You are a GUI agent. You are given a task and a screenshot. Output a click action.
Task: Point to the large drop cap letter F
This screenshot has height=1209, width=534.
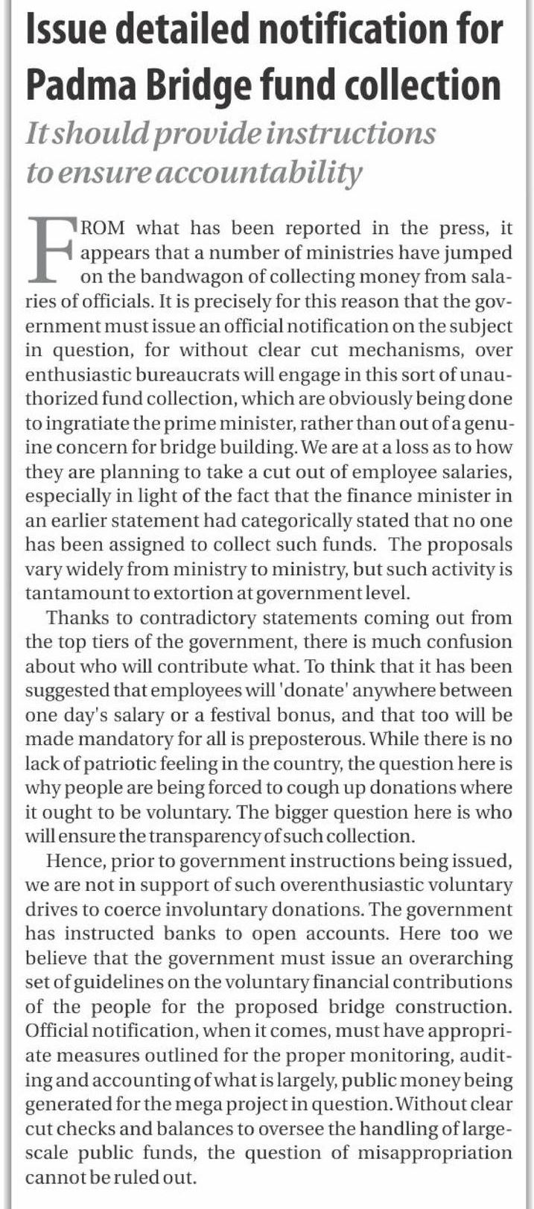pyautogui.click(x=51, y=250)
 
